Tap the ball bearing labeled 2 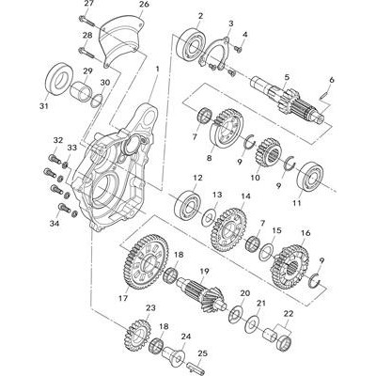[191, 44]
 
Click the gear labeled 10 [268, 152]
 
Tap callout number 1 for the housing [157, 69]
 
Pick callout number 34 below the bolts [55, 223]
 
